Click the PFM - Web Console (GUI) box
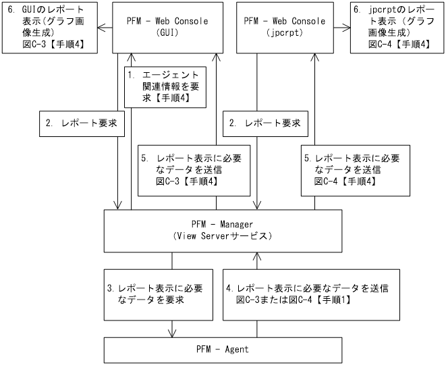167,27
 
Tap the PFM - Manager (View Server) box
222,230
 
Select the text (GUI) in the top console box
167,32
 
